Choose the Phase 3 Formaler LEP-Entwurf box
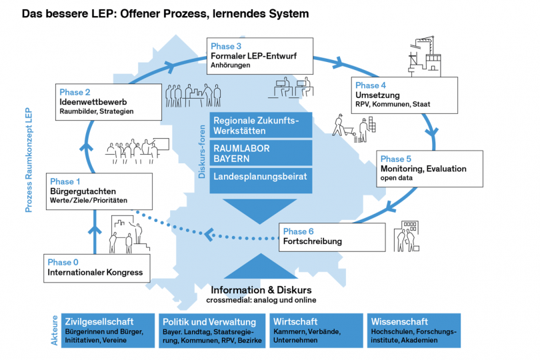tap(259, 56)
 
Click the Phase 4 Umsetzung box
tap(405, 95)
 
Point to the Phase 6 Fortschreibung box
tap(332, 237)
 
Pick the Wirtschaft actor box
tap(317, 330)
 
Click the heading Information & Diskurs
tap(261, 291)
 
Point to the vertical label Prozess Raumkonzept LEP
tap(29, 160)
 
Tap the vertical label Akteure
tap(54, 330)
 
